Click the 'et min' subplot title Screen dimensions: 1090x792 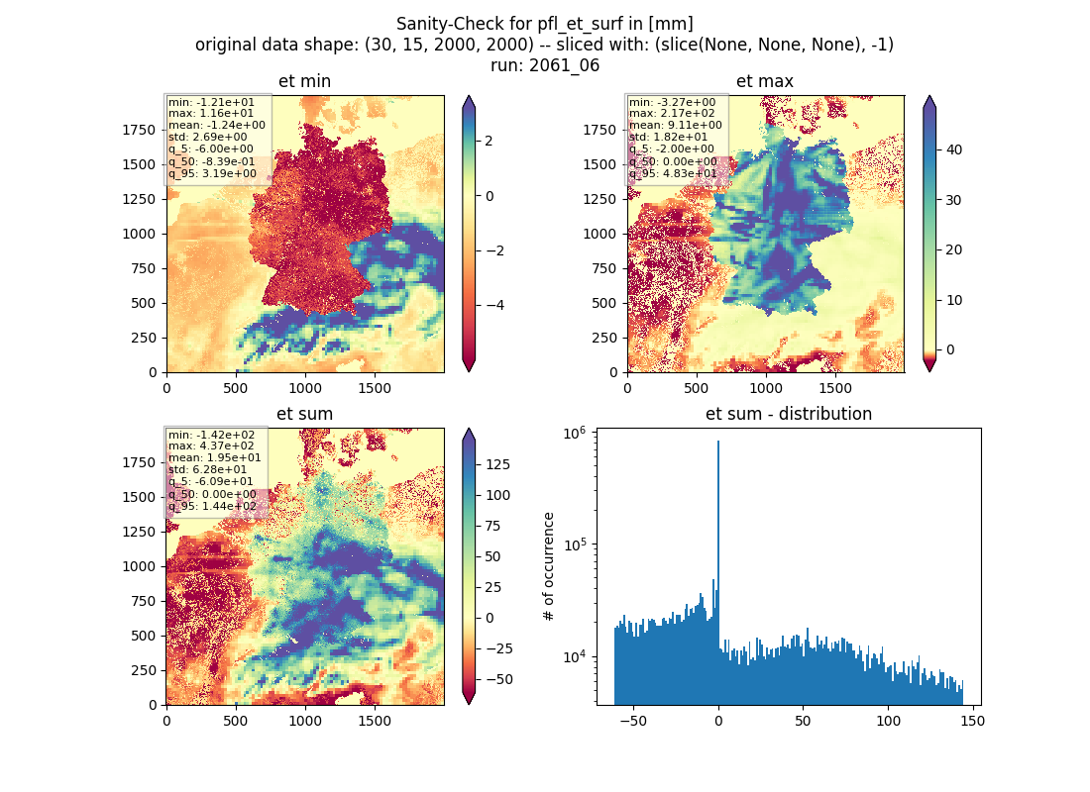(304, 81)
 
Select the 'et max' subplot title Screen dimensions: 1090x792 (765, 81)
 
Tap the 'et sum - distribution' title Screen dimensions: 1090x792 (789, 414)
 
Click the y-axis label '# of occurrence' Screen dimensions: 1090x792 (549, 567)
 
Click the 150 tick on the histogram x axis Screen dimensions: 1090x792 (972, 721)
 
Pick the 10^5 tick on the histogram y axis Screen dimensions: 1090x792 (575, 544)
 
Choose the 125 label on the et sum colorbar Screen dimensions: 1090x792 (497, 464)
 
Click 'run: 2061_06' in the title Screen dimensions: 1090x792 (544, 65)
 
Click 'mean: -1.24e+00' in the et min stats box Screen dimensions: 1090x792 (217, 125)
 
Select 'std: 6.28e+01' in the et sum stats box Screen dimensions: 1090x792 (207, 469)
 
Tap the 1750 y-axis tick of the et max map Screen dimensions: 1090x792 (599, 130)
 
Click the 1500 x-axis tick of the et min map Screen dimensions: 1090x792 (375, 388)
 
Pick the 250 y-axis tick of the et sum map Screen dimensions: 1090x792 (144, 670)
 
